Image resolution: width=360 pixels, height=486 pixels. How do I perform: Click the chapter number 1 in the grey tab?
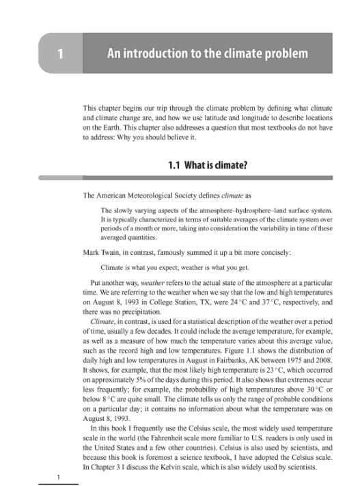tap(61, 53)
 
